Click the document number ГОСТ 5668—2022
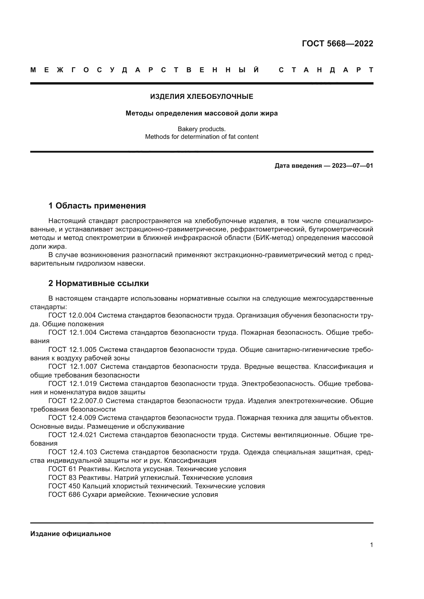point(337,44)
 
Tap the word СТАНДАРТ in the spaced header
point(326,70)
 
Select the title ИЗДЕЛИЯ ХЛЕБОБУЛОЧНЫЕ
point(201,97)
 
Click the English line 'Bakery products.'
point(201,129)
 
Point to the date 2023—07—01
point(352,166)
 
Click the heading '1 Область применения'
point(97,206)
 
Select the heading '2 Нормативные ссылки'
point(98,283)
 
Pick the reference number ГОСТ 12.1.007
point(73,366)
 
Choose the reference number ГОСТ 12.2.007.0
point(76,401)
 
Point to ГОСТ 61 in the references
point(62,469)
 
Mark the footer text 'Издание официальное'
point(70,534)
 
